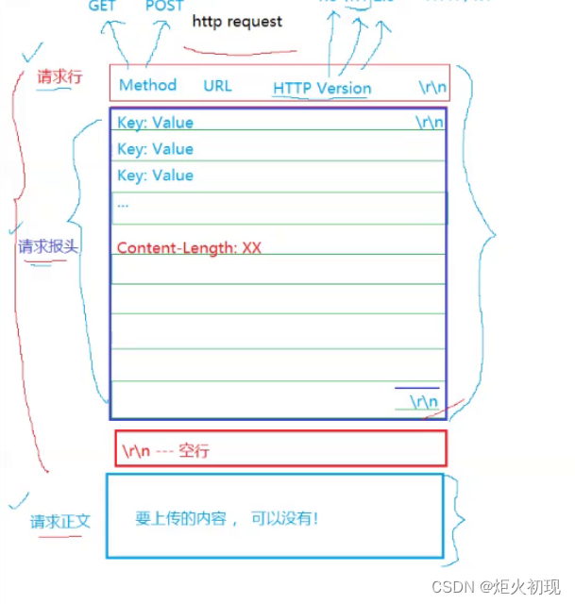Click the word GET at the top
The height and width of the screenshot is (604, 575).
102,6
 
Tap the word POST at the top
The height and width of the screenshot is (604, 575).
164,6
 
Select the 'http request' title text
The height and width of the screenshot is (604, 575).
237,21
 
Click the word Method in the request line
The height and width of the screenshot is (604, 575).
147,85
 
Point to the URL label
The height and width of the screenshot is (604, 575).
217,86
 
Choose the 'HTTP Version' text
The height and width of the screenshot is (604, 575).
322,88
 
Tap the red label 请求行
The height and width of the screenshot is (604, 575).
59,77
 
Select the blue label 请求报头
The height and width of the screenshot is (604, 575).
47,246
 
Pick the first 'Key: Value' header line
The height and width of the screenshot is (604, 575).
155,123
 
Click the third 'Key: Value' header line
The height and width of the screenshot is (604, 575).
155,176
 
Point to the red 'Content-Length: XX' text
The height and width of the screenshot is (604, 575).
189,248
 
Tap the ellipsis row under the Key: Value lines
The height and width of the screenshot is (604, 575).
124,202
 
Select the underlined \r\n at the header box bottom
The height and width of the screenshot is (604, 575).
423,402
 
